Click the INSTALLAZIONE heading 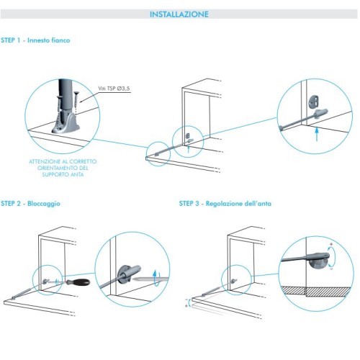pos(179,14)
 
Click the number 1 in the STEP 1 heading pos(18,40)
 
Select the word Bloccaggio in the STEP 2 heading pos(44,204)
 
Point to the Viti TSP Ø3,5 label pos(114,89)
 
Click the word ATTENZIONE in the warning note pos(44,161)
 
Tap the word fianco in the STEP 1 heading pos(59,40)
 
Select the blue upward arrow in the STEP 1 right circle pos(317,134)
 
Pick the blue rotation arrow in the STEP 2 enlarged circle pos(156,278)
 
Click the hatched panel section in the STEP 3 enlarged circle pos(316,291)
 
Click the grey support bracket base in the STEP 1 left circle pos(66,124)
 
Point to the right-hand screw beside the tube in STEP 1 pos(76,99)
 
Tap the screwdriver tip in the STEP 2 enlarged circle pos(132,279)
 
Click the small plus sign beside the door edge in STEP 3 pos(186,306)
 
